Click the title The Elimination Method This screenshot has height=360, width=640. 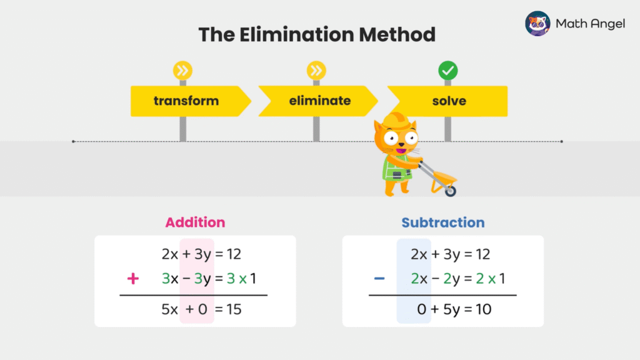click(x=317, y=34)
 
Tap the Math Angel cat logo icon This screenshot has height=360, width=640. click(x=537, y=24)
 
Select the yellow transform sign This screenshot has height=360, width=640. click(x=187, y=101)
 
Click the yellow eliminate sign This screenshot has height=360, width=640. click(x=319, y=101)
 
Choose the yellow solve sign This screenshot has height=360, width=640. click(x=449, y=101)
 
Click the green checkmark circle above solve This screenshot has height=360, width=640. click(x=447, y=70)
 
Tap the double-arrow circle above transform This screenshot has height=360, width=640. click(x=183, y=70)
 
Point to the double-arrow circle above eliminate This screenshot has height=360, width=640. click(x=316, y=70)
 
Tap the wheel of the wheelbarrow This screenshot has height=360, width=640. click(x=450, y=191)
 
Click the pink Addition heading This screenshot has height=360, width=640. click(x=195, y=222)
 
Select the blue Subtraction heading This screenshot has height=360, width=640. click(x=443, y=222)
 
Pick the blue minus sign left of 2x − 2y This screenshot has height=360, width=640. click(x=379, y=279)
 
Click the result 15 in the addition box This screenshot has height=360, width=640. click(x=233, y=309)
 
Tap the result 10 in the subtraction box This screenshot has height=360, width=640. click(x=482, y=309)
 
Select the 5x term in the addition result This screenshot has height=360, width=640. click(x=170, y=309)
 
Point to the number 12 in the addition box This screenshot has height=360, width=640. click(x=233, y=254)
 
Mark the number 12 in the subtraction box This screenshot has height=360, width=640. click(x=482, y=254)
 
